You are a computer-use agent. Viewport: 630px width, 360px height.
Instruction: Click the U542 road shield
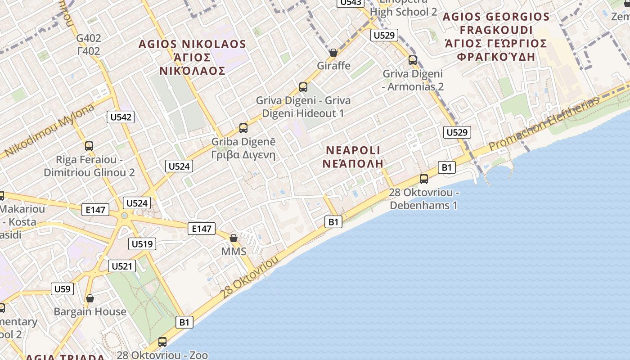tap(121, 117)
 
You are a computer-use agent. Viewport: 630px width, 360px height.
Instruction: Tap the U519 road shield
tap(142, 244)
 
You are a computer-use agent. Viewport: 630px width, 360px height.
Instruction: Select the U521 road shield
tap(122, 266)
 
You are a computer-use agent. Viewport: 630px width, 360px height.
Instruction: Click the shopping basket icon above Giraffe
tap(333, 53)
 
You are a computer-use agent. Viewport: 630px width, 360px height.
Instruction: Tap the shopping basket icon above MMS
tap(234, 238)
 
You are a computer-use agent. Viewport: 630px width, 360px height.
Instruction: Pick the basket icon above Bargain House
tap(90, 298)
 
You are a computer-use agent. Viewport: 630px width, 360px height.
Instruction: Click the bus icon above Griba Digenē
tap(243, 128)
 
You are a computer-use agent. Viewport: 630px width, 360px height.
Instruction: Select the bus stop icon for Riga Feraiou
tap(89, 146)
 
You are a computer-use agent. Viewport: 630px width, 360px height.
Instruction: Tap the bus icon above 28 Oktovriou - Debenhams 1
tap(423, 179)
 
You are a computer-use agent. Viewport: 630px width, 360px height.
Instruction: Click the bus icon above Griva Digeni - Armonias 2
tap(413, 60)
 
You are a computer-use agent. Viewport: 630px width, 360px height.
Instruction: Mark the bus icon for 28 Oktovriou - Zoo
tap(162, 342)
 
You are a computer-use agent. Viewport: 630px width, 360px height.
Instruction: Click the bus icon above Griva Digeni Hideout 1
tap(303, 87)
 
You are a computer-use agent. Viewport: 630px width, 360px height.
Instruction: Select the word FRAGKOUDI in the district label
tap(495, 30)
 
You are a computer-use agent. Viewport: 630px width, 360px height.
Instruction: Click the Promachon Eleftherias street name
tap(544, 124)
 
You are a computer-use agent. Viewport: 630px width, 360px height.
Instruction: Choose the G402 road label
tap(89, 38)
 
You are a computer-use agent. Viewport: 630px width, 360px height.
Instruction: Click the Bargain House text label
tap(90, 311)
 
